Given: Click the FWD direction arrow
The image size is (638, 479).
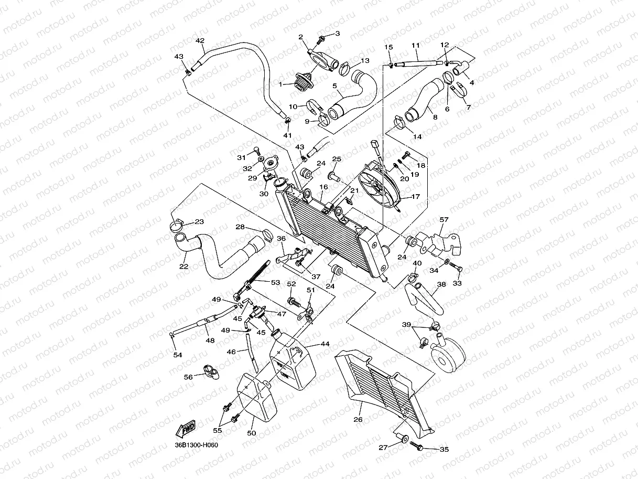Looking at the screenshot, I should point(187,430).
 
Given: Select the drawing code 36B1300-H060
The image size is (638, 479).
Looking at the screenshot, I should point(197,445).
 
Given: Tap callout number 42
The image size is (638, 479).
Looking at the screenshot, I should point(199,41).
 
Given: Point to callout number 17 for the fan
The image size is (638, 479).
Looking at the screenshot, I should point(416,197).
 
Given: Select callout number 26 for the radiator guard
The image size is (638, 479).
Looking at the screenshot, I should point(358,419).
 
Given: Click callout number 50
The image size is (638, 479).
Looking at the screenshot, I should point(252,433).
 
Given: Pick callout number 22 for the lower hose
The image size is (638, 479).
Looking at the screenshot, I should point(183,267).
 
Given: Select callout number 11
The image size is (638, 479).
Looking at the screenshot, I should point(416,45).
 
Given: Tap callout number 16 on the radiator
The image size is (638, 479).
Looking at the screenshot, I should point(323,186).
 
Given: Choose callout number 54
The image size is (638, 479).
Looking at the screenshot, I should point(178,355).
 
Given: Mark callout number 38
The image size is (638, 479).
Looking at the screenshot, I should point(441,284).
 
